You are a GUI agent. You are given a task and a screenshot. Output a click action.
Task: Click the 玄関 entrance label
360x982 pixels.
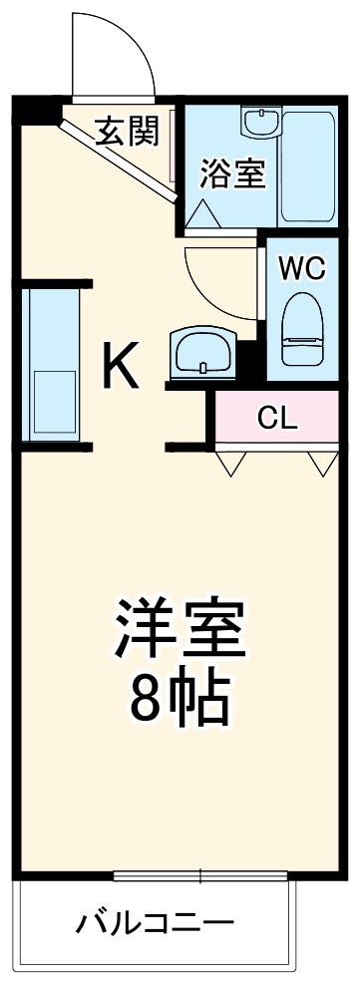pos(127,132)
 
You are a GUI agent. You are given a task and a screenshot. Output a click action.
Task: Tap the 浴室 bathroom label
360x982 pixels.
pos(232,172)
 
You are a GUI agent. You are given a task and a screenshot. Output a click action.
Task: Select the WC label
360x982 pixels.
pos(300,268)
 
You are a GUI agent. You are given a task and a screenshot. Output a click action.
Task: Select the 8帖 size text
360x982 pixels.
pos(180,701)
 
